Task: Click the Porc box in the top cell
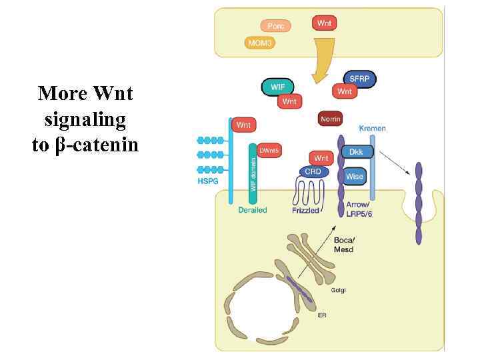click(275, 26)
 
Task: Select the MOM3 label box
click(261, 43)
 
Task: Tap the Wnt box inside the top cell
click(324, 23)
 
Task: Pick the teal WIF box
click(277, 87)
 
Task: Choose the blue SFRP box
click(359, 79)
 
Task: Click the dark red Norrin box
click(331, 119)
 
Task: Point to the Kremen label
click(372, 128)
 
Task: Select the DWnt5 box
click(269, 151)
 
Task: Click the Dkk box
click(357, 152)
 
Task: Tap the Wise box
click(355, 177)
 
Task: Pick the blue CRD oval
click(313, 172)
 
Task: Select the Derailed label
click(253, 210)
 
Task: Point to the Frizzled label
click(306, 210)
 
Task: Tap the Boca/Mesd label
click(343, 245)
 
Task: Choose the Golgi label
click(337, 290)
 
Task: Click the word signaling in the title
click(85, 119)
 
